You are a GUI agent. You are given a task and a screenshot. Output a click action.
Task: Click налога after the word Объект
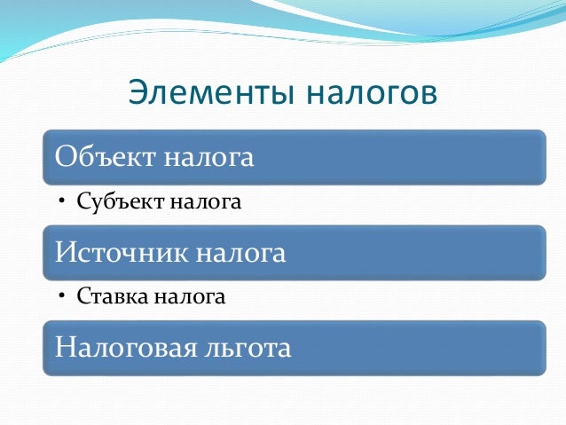point(210,158)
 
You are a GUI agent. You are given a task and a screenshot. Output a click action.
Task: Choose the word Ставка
point(110,296)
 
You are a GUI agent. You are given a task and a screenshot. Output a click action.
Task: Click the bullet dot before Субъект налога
point(63,202)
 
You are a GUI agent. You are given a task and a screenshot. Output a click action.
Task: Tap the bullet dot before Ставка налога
point(63,297)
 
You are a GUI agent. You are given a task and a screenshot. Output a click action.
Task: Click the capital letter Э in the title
point(138,92)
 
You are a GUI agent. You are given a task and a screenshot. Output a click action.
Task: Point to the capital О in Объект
point(65,157)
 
